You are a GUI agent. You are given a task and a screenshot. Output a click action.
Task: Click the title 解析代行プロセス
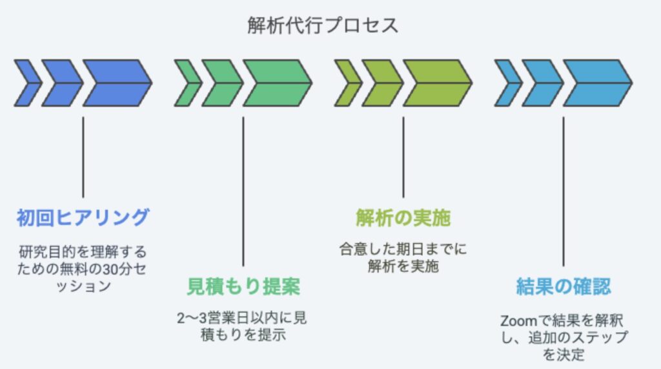tap(323, 25)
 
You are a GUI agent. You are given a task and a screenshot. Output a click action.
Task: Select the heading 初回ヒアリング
tap(83, 217)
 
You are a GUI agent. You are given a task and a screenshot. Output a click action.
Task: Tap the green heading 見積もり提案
tap(243, 286)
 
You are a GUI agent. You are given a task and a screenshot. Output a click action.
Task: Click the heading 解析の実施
tap(403, 217)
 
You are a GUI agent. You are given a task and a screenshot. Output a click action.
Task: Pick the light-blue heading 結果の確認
tap(563, 286)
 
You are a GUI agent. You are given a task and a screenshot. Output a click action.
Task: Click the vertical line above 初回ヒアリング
tap(83, 157)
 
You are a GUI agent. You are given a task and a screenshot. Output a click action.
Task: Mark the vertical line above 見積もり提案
tap(243, 191)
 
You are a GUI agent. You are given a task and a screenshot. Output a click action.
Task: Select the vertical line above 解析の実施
tap(403, 157)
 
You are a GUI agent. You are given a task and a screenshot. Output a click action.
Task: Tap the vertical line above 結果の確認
tap(563, 191)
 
